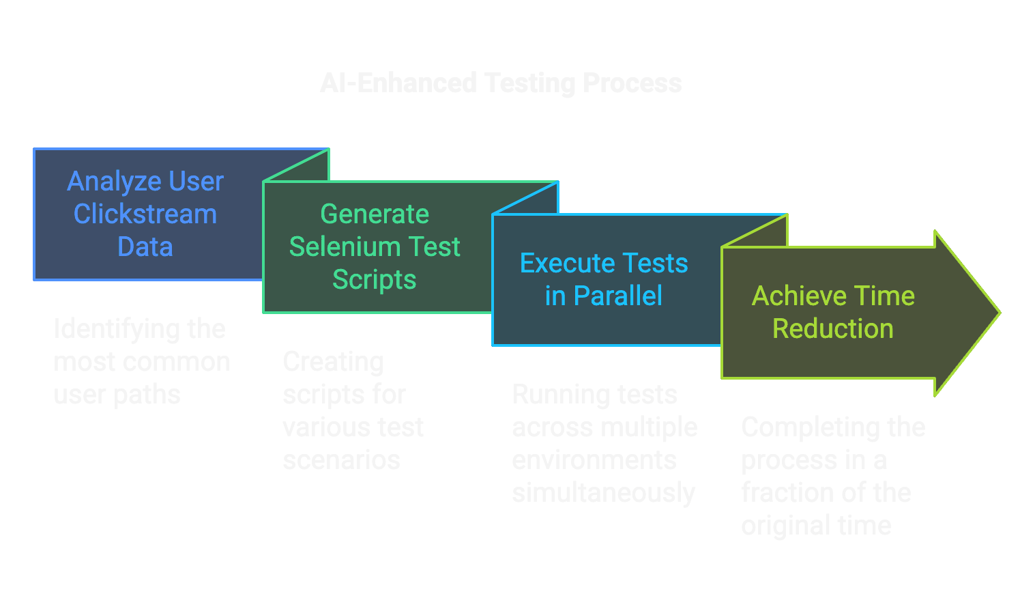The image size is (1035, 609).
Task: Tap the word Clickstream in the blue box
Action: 145,214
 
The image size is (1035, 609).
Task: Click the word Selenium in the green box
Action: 347,246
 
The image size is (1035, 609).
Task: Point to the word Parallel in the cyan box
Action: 617,296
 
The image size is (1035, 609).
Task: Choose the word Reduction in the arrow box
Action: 832,329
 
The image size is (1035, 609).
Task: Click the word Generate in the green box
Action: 375,214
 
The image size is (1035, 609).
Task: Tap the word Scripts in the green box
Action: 374,280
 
